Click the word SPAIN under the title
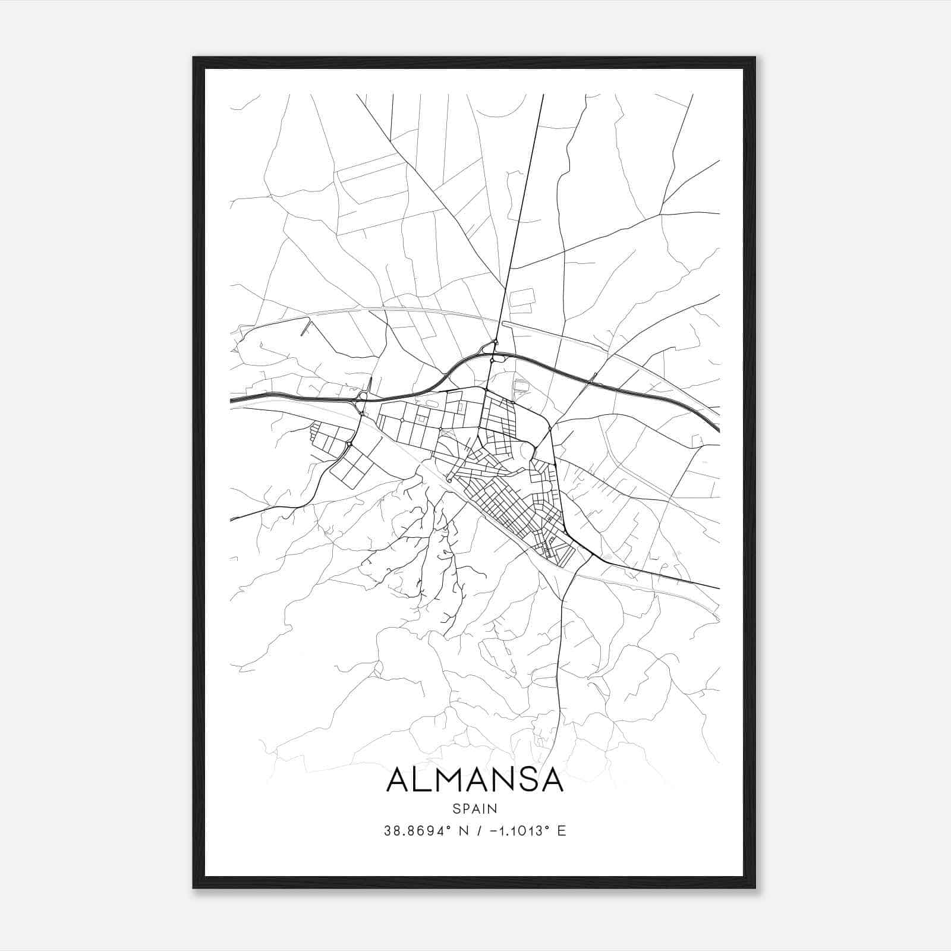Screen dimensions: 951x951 (x=474, y=808)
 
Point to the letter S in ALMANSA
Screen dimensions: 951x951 (x=522, y=780)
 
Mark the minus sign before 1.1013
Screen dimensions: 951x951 (x=492, y=831)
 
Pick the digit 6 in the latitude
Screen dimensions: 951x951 (x=421, y=831)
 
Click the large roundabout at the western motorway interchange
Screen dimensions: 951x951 (x=363, y=396)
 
